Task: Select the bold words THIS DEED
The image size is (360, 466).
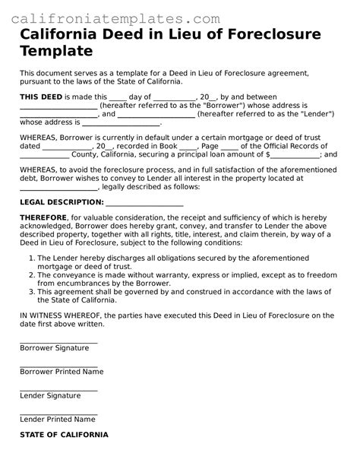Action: tap(41, 97)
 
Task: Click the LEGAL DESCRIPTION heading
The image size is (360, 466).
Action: tap(61, 203)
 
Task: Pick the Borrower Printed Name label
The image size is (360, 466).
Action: tap(62, 372)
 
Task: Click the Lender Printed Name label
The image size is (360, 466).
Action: tap(57, 420)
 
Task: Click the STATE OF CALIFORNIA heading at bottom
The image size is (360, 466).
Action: tap(64, 435)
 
